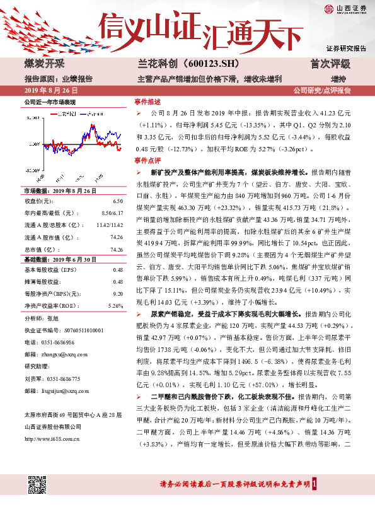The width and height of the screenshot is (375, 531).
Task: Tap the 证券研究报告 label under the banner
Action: click(x=346, y=49)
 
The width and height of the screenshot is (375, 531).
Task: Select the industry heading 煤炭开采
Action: click(x=43, y=64)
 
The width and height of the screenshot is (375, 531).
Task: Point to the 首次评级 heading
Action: click(x=330, y=64)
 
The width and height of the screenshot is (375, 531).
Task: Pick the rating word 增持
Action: click(x=338, y=78)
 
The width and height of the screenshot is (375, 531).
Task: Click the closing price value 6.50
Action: click(x=117, y=201)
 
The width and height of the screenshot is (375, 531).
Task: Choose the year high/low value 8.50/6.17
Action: click(x=112, y=213)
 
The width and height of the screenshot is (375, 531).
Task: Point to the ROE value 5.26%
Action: click(x=115, y=305)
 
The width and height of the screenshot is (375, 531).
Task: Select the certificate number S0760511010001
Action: click(x=77, y=330)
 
